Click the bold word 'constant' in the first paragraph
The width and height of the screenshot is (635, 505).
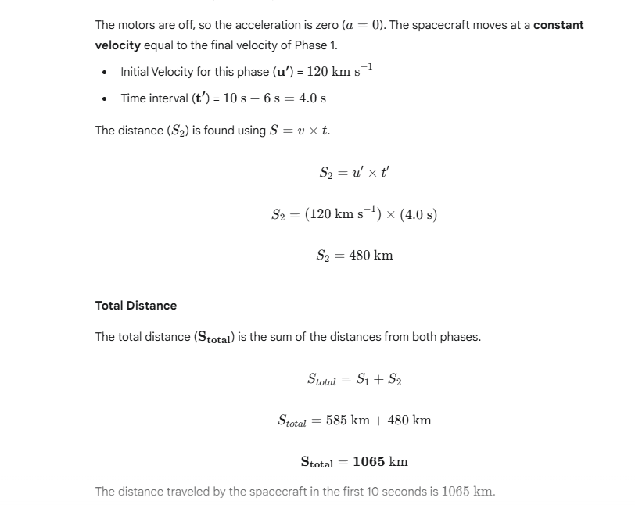pos(558,25)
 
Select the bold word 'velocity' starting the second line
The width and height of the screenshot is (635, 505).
pos(117,45)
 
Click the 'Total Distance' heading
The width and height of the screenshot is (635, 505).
pos(136,305)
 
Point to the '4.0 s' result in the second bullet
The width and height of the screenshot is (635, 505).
pos(312,98)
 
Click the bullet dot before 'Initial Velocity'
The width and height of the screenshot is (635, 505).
pos(105,72)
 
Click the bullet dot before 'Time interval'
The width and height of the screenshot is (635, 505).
pos(105,98)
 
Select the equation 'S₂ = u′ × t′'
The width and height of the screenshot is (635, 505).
pos(354,172)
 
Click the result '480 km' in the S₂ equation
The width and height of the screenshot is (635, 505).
pos(371,255)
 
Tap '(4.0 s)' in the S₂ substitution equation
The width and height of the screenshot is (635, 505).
pos(418,214)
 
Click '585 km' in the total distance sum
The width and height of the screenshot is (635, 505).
pos(348,420)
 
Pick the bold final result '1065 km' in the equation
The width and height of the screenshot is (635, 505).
pos(380,461)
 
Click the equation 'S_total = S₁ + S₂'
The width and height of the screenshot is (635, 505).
pos(354,379)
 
